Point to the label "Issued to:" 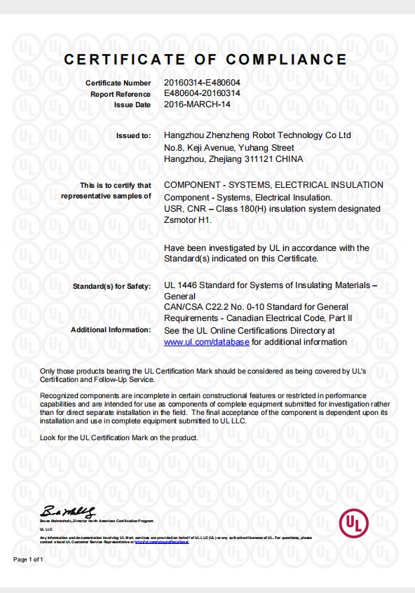(133, 135)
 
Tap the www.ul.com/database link (206, 342)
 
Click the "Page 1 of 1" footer (29, 559)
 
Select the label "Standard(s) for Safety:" (112, 287)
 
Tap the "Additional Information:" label (111, 329)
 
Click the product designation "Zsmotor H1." (187, 220)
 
